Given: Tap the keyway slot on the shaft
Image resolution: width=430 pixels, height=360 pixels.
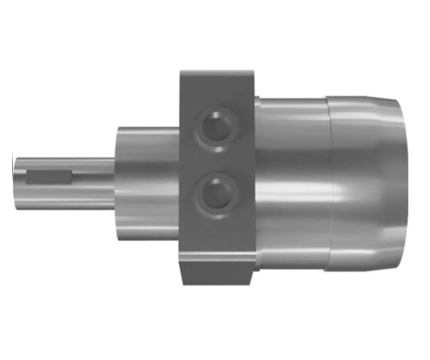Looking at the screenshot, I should [51, 179].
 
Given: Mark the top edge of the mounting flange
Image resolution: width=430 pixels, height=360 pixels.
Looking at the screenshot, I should [215, 70].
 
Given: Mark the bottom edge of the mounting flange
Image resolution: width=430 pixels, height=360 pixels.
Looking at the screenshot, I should [215, 284].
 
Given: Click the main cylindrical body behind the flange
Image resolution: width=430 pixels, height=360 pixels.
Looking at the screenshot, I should [292, 180].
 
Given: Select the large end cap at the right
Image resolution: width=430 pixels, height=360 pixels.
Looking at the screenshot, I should [365, 180].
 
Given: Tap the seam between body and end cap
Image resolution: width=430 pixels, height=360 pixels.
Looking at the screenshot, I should [330, 180].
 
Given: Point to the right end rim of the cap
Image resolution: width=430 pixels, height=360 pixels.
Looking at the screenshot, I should [397, 180].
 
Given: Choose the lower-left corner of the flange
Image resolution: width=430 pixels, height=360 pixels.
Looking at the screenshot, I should [181, 283].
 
